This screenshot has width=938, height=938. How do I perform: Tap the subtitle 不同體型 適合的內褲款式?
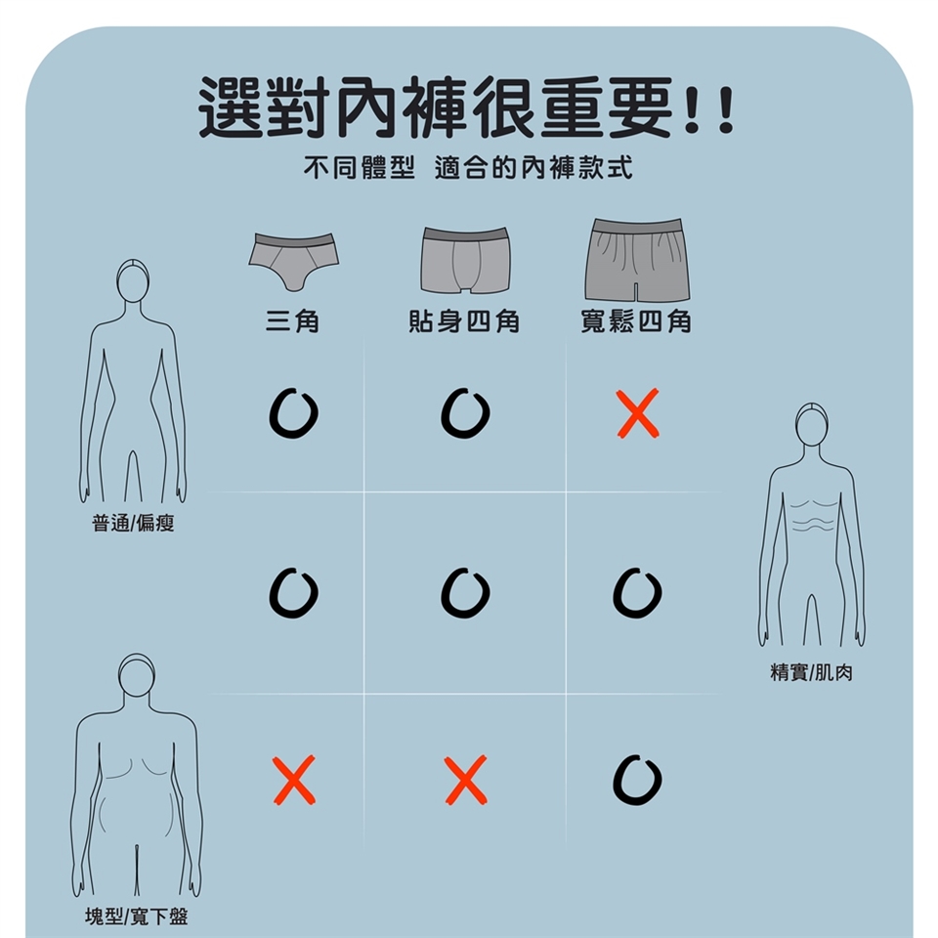[x=468, y=167]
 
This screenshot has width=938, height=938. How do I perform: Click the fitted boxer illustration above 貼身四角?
[x=465, y=260]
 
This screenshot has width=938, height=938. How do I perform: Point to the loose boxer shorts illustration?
[x=638, y=260]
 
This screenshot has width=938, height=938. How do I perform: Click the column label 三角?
[x=293, y=321]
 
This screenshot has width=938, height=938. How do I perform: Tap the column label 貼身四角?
[x=464, y=321]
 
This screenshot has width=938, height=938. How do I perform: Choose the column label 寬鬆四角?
[x=636, y=321]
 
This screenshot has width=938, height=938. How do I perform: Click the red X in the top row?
[x=638, y=412]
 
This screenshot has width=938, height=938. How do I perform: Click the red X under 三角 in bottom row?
[x=294, y=780]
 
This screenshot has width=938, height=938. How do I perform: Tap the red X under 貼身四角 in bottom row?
[x=466, y=780]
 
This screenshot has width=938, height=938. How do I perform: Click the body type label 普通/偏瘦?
[x=133, y=524]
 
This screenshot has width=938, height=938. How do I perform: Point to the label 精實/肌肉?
[x=811, y=673]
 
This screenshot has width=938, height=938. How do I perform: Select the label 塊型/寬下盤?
[x=137, y=916]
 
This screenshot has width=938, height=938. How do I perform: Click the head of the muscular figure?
[x=812, y=424]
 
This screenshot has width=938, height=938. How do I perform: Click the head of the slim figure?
[x=133, y=280]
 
